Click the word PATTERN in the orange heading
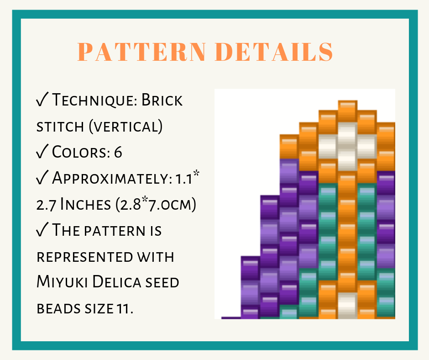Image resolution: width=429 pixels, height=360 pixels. [142, 52]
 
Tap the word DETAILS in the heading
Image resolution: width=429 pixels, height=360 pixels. [274, 52]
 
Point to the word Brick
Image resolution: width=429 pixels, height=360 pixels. [162, 100]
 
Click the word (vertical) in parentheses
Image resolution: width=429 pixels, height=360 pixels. [126, 126]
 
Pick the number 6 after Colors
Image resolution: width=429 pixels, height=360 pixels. [118, 152]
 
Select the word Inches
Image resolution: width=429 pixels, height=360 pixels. [85, 204]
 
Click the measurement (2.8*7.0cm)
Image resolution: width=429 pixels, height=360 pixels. [156, 204]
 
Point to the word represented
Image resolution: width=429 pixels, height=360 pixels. [84, 257]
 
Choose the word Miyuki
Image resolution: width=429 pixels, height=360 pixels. [62, 282]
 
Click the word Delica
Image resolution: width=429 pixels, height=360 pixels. [116, 282]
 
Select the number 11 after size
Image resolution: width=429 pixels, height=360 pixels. [123, 308]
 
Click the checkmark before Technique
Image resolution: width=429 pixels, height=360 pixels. [42, 99]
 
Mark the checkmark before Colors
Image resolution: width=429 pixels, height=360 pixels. [42, 151]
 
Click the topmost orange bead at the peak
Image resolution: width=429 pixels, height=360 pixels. [347, 111]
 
